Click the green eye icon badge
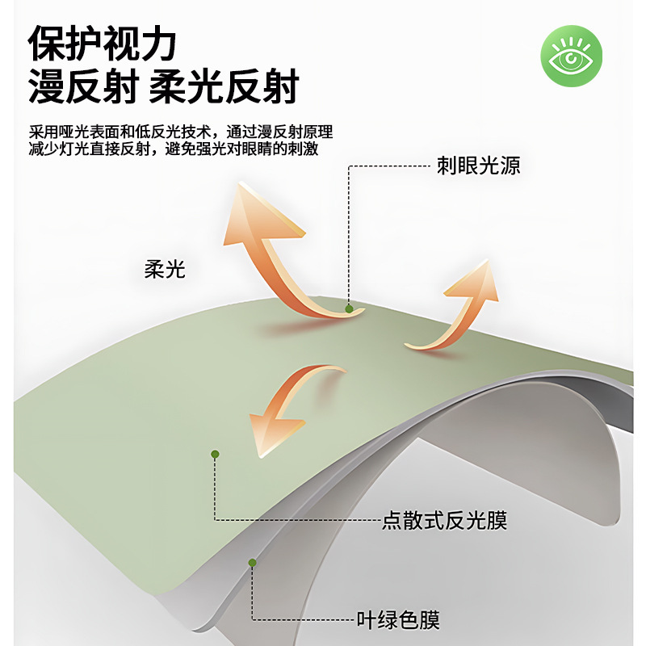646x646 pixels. click(x=571, y=57)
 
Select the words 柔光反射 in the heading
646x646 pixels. click(x=224, y=87)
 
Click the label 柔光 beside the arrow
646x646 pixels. click(x=165, y=270)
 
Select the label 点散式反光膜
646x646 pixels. click(x=444, y=520)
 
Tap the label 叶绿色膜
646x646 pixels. click(x=399, y=620)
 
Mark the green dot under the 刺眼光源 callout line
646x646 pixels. click(x=349, y=308)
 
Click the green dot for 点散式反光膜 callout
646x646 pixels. click(x=215, y=455)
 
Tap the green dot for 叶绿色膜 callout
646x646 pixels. click(x=252, y=562)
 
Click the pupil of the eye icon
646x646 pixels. click(x=571, y=58)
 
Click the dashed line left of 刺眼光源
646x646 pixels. click(x=388, y=167)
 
